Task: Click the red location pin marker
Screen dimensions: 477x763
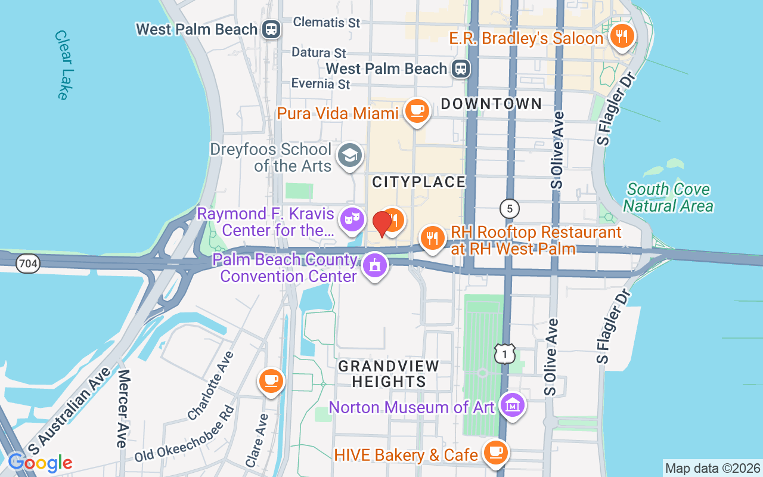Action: [x=382, y=224]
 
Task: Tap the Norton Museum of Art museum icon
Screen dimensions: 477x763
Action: [x=513, y=405]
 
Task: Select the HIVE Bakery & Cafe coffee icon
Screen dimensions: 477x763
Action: [x=495, y=452]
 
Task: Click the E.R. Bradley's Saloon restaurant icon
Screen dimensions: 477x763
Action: [x=622, y=36]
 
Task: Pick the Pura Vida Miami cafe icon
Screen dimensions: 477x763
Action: [x=417, y=110]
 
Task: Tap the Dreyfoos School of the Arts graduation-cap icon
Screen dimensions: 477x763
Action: [x=349, y=155]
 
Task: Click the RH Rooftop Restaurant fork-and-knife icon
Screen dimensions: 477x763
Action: [x=432, y=238]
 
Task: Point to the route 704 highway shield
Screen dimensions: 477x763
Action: [x=28, y=263]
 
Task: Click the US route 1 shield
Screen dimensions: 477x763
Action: [x=504, y=353]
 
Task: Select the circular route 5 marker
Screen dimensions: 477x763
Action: [x=509, y=209]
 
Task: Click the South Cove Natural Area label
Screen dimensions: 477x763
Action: [x=669, y=198]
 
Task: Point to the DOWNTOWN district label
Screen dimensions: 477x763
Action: [x=491, y=104]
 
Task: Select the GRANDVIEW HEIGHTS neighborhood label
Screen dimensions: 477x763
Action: [x=389, y=373]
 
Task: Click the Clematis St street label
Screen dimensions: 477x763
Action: [x=327, y=23]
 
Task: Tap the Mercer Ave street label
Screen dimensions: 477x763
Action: [x=123, y=408]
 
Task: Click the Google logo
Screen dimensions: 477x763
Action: [x=40, y=463]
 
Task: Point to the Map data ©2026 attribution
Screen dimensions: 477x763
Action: [x=712, y=469]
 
